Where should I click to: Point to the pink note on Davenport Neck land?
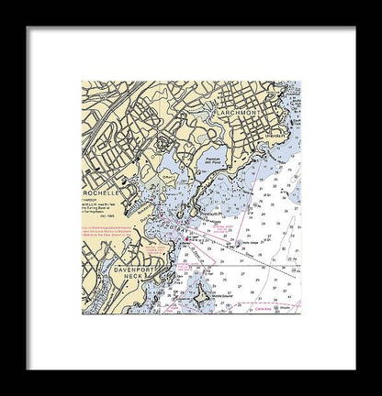156,252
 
